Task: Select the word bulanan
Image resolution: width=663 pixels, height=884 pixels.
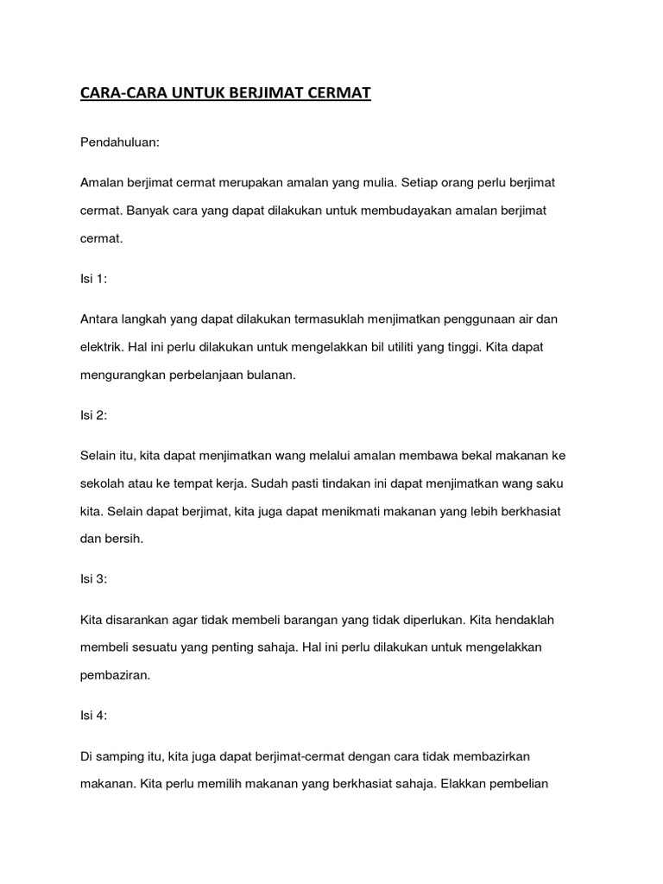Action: [x=270, y=376]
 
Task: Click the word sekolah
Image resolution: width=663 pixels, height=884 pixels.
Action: [x=101, y=483]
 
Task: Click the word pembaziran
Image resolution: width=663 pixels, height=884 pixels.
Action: [x=115, y=676]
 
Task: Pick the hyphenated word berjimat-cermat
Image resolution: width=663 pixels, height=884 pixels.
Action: [x=294, y=755]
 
